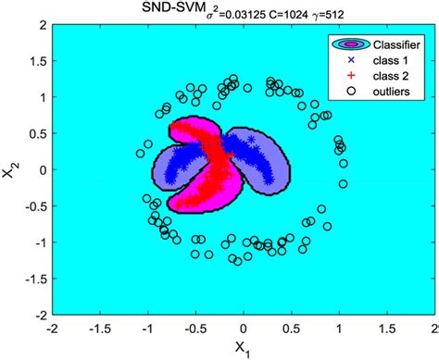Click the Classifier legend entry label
click(398, 44)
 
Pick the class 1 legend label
click(394, 60)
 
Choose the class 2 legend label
click(394, 76)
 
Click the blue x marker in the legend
click(351, 60)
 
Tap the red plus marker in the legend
click(351, 76)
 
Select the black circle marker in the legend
click(351, 92)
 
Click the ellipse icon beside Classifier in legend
click(351, 44)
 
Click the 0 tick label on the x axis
click(244, 328)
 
